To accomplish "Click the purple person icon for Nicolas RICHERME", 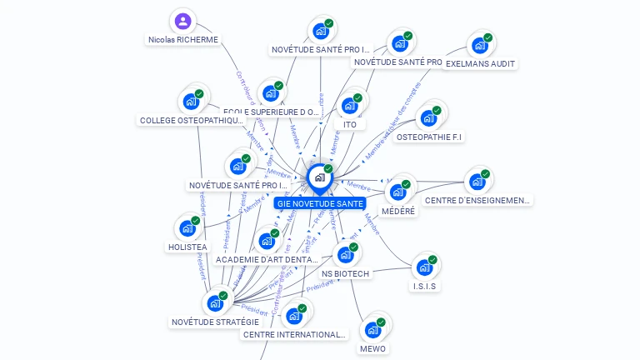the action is tap(182, 21).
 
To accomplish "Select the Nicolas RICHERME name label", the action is tap(182, 39).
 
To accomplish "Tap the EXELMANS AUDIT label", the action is tap(481, 63).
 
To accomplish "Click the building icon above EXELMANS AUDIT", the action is tap(479, 44).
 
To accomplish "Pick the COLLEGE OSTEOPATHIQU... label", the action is tap(192, 120).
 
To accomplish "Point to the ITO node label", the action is tap(350, 124).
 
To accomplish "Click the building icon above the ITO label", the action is tap(349, 106).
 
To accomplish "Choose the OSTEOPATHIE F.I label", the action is tap(429, 137).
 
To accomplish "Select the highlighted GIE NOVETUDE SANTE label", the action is tap(320, 203).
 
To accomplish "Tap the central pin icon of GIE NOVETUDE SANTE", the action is tap(319, 177).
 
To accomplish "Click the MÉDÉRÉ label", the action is tap(398, 211).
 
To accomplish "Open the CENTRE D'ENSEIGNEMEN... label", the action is tap(477, 200).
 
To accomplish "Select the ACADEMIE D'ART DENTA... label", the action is tap(267, 260).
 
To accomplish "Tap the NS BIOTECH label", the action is tap(345, 273).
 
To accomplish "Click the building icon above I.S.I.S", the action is tap(424, 267).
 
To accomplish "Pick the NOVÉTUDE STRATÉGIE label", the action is tap(215, 322).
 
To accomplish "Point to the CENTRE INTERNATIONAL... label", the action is tap(293, 334).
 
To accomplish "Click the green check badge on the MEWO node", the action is tap(381, 322).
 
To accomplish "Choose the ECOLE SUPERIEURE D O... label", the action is tap(272, 112).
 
